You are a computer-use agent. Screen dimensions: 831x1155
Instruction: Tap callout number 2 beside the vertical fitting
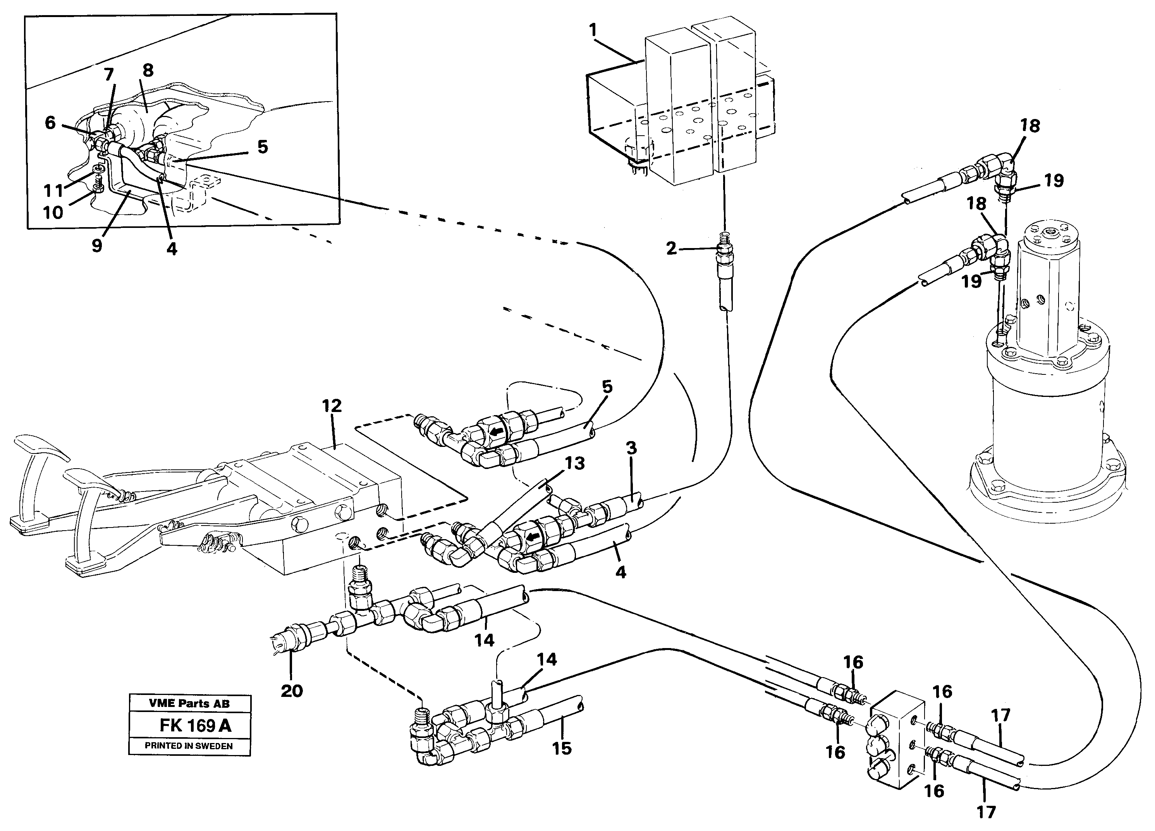[671, 248]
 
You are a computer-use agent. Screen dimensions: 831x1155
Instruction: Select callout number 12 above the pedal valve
[332, 406]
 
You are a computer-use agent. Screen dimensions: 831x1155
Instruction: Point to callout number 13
[574, 464]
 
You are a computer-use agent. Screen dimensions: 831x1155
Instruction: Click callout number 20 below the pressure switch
[291, 691]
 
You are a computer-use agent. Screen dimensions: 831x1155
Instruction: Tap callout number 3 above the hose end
[631, 449]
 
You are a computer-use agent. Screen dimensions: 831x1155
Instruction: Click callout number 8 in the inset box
[148, 70]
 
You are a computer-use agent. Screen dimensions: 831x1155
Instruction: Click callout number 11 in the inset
[53, 191]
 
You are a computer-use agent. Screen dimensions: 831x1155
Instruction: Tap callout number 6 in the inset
[50, 122]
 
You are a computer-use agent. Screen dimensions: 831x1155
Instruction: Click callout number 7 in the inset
[109, 75]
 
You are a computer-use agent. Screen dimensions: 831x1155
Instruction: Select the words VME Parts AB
[189, 703]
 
